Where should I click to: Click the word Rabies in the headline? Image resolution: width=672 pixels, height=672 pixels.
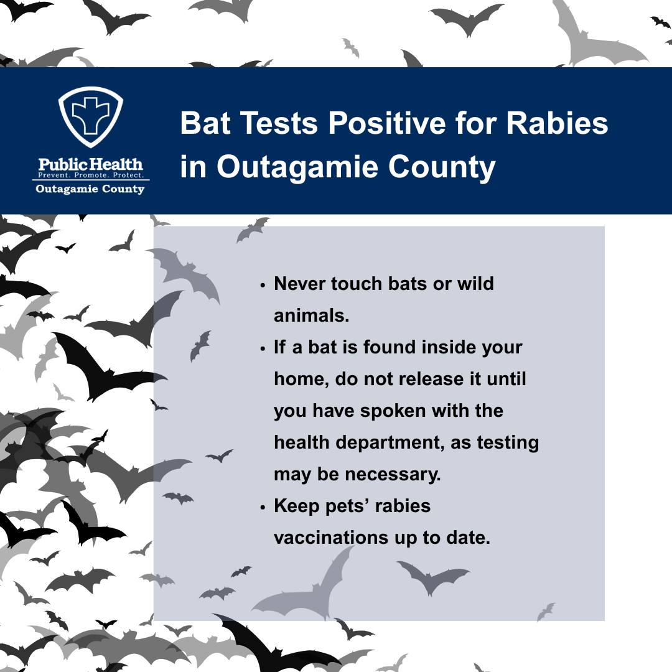coord(557,123)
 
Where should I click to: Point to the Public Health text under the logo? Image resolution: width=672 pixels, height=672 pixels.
coord(91,164)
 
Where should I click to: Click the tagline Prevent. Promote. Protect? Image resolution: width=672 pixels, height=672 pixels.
coord(91,176)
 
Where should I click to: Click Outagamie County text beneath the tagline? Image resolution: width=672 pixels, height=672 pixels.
coord(91,189)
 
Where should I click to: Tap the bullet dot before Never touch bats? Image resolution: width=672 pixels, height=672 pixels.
coord(263,285)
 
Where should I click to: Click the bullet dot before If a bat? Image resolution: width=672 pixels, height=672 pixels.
coord(263,348)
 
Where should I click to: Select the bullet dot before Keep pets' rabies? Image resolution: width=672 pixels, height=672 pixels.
coord(263,507)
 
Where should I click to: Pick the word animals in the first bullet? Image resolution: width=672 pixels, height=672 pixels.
coord(311,315)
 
